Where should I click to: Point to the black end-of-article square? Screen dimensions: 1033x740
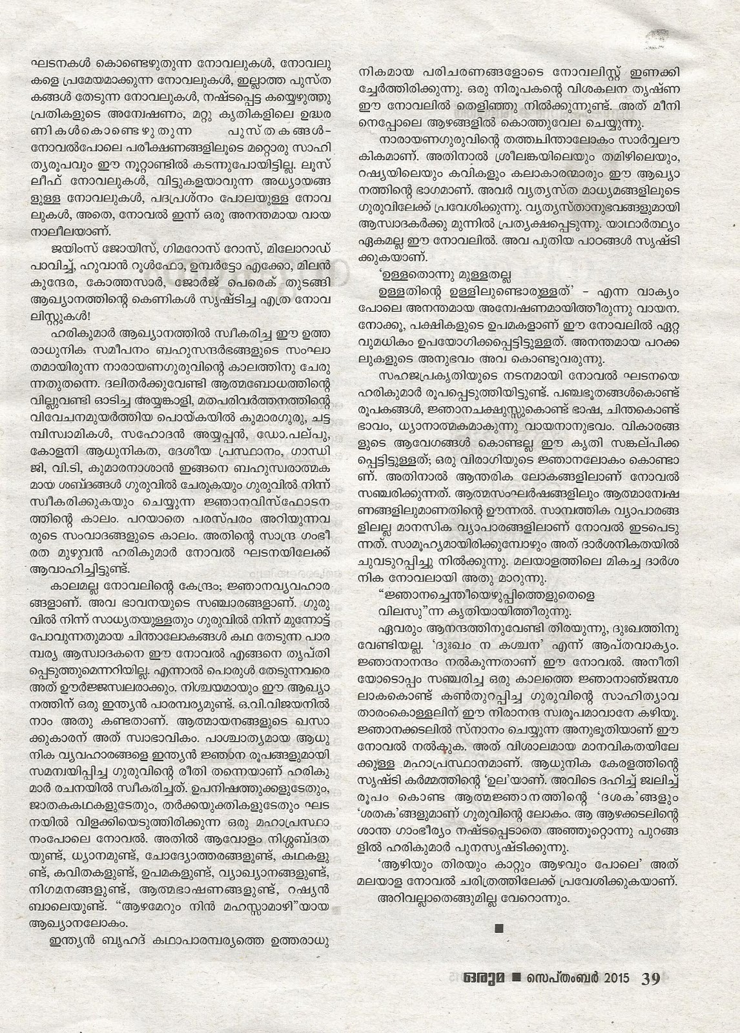497,930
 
